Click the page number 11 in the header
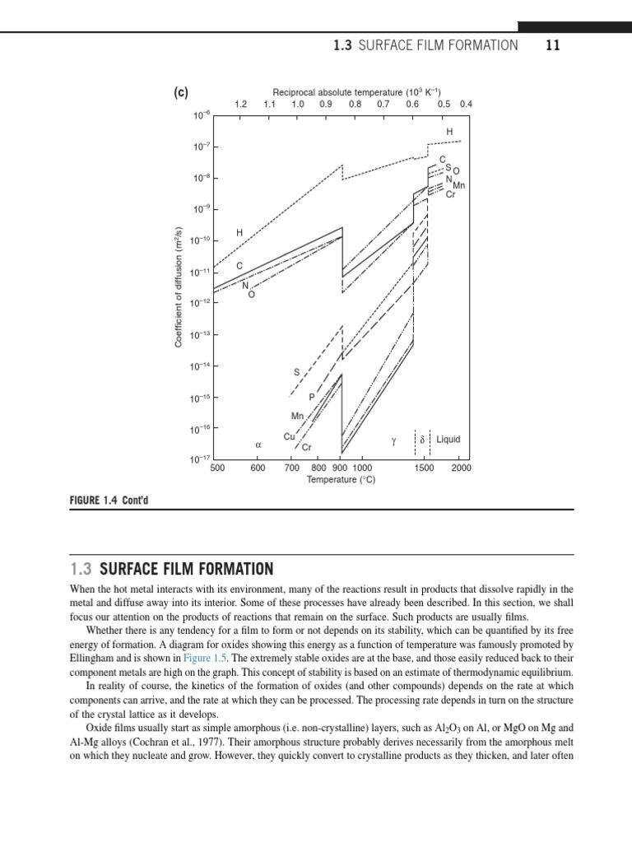pos(552,46)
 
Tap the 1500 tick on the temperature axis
pos(424,468)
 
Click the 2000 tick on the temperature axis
pos(461,468)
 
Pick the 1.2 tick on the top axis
pos(240,105)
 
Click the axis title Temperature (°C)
pos(341,479)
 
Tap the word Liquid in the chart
pos(448,440)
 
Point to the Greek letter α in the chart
pos(258,444)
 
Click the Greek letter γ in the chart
pos(395,441)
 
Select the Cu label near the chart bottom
pos(289,436)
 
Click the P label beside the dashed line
pos(312,398)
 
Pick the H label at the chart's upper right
pos(449,132)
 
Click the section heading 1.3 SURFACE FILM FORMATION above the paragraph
pos(174,569)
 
